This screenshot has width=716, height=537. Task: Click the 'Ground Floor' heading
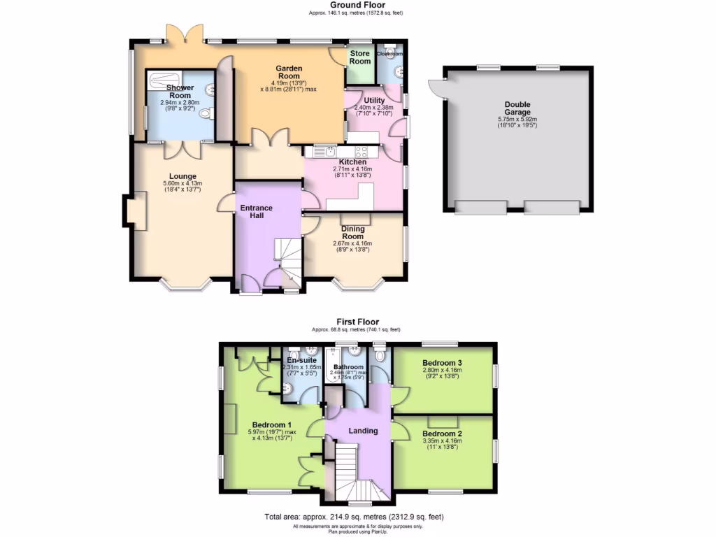pos(357,5)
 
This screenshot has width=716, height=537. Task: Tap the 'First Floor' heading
pos(357,322)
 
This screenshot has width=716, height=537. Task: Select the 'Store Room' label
pos(360,57)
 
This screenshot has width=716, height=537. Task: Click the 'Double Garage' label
pos(517,108)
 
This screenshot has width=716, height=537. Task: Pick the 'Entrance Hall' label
pos(257,212)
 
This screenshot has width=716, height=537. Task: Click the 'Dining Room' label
pos(353,232)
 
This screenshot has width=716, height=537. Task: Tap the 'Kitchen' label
pos(352,162)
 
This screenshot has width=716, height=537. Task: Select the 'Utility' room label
pos(374,101)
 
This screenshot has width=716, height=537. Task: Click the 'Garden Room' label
pos(289,72)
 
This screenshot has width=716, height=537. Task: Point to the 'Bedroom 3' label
pos(443,363)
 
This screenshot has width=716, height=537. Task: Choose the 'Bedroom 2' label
pos(443,434)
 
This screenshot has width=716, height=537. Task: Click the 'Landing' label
pos(363,431)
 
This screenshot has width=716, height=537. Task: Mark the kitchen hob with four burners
pos(362,151)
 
